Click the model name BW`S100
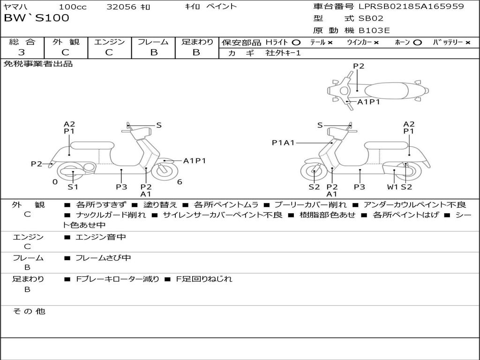click(x=37, y=18)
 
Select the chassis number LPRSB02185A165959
click(x=411, y=7)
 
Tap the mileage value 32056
click(x=121, y=7)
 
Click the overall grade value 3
click(x=22, y=52)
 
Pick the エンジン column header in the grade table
click(x=109, y=42)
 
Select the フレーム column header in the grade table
click(x=153, y=42)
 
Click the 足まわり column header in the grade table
click(x=197, y=42)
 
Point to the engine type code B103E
click(x=374, y=31)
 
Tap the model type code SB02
click(x=371, y=19)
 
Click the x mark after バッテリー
click(x=467, y=43)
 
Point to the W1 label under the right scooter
click(x=392, y=187)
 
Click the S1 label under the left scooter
click(x=73, y=187)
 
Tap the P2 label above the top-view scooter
click(x=359, y=66)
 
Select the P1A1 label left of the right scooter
click(x=283, y=142)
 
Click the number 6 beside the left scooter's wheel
click(x=180, y=182)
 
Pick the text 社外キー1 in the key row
click(x=283, y=53)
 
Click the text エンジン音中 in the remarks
click(x=100, y=237)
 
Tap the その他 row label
click(x=29, y=311)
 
